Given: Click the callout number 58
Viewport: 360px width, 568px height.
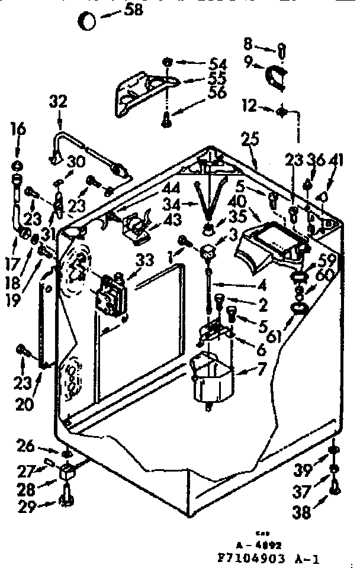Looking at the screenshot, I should (x=131, y=11).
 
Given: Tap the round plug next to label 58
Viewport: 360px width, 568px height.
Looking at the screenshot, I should (x=88, y=21).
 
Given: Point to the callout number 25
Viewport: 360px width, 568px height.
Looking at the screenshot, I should (x=251, y=140).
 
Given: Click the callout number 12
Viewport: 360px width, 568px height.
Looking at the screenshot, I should (x=249, y=107).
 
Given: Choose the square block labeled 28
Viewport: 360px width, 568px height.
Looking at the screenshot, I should (x=66, y=471).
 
